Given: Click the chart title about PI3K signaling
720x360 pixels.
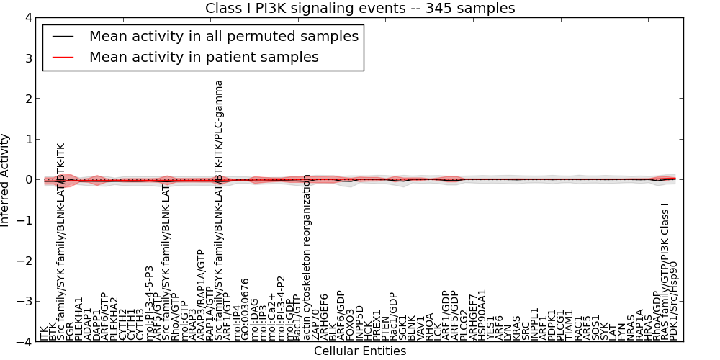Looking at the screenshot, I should pyautogui.click(x=360, y=9).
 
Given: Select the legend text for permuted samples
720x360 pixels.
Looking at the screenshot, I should pyautogui.click(x=223, y=36).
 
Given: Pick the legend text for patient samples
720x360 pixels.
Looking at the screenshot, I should pyautogui.click(x=204, y=57).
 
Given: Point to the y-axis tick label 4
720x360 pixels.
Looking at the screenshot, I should pyautogui.click(x=27, y=18).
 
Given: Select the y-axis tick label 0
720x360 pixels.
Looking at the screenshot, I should pyautogui.click(x=27, y=180).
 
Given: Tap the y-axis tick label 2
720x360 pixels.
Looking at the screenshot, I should pyautogui.click(x=27, y=99).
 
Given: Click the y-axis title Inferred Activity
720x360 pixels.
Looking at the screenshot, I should pyautogui.click(x=6, y=180).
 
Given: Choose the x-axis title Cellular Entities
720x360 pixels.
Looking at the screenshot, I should pyautogui.click(x=360, y=351).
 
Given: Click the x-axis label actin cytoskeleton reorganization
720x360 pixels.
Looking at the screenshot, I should pyautogui.click(x=307, y=256).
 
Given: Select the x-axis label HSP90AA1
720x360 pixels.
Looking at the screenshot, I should pyautogui.click(x=482, y=314).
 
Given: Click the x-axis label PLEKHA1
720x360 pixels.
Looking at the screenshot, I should pyautogui.click(x=79, y=318).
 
